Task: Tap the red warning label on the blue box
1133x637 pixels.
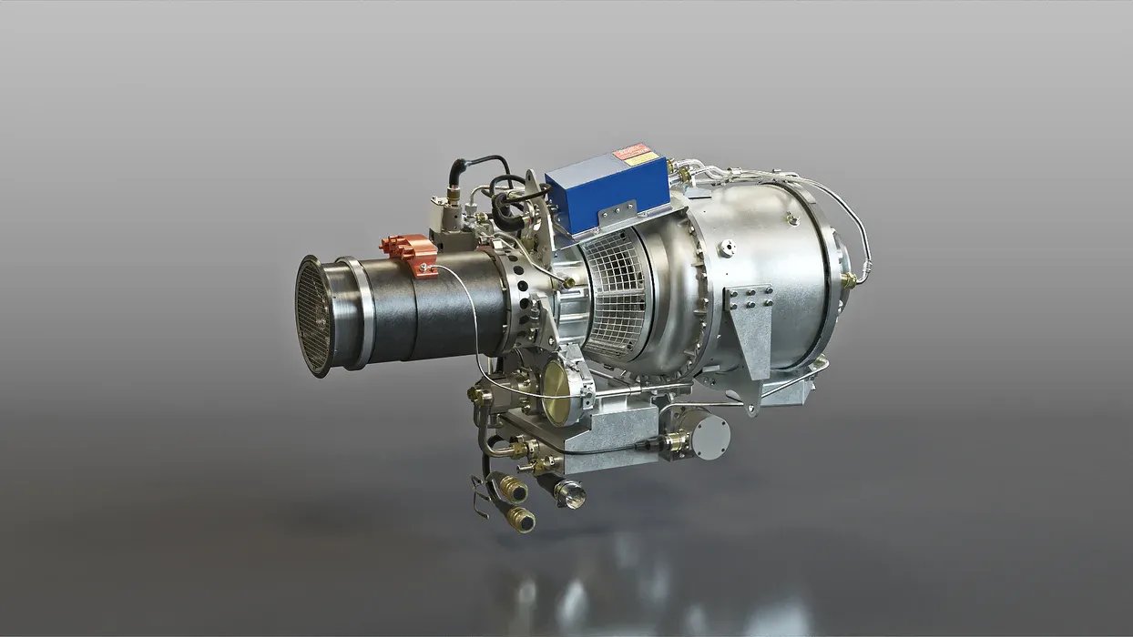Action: click(630, 151)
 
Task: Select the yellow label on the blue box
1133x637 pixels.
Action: click(642, 159)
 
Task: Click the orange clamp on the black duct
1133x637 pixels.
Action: click(411, 252)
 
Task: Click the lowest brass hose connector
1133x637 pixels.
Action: click(520, 520)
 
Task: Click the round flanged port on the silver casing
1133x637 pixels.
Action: click(726, 248)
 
